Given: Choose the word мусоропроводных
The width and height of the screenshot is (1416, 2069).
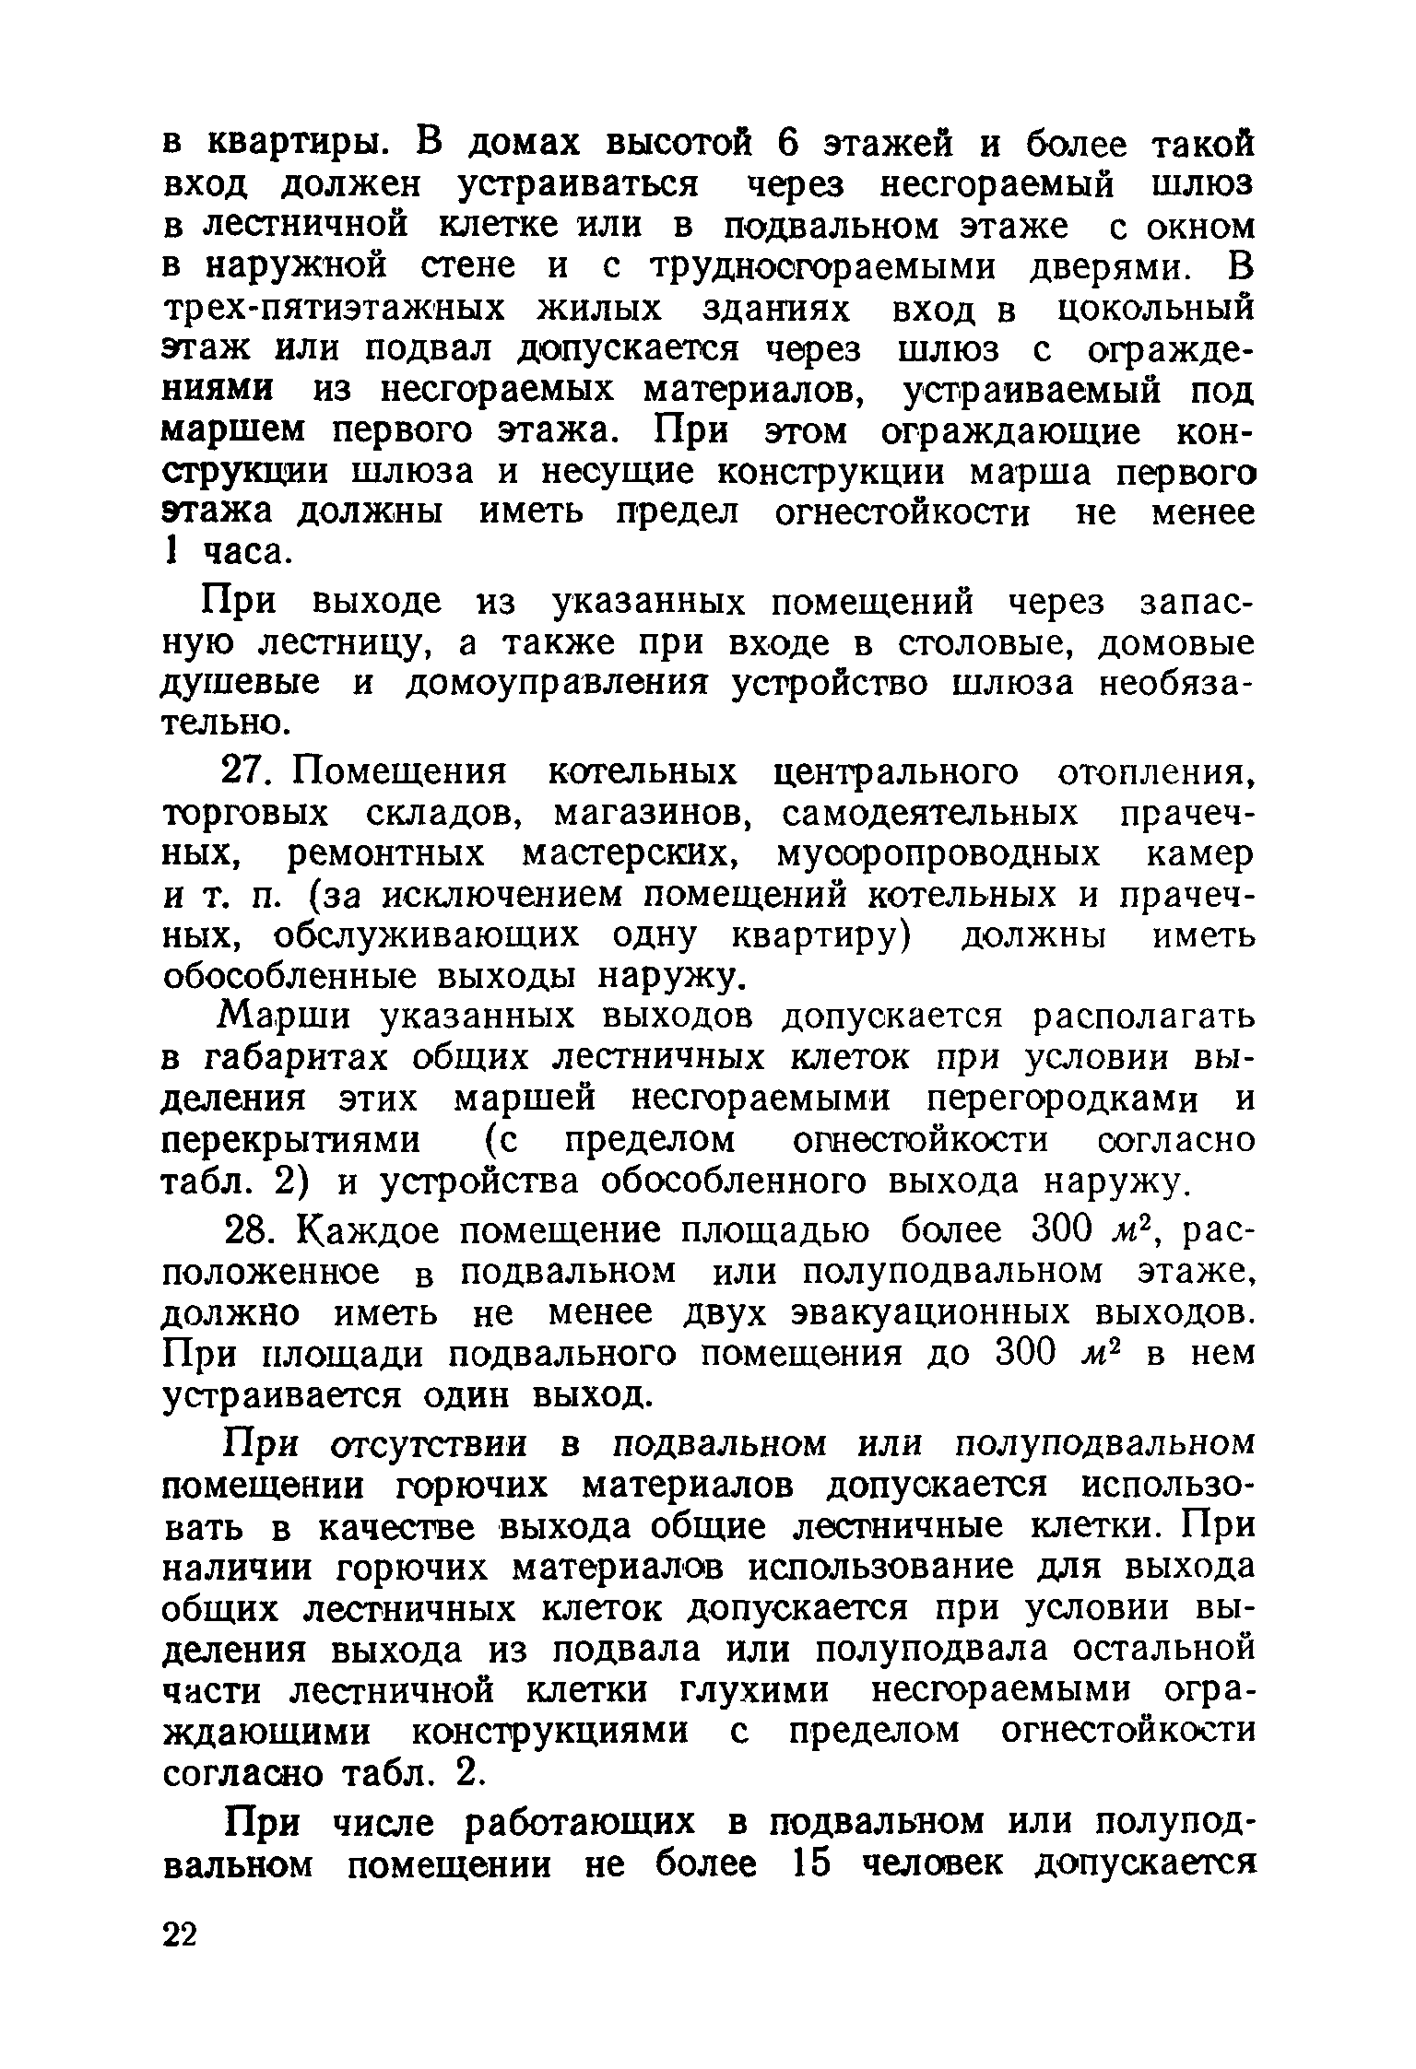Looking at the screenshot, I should (x=938, y=854).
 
